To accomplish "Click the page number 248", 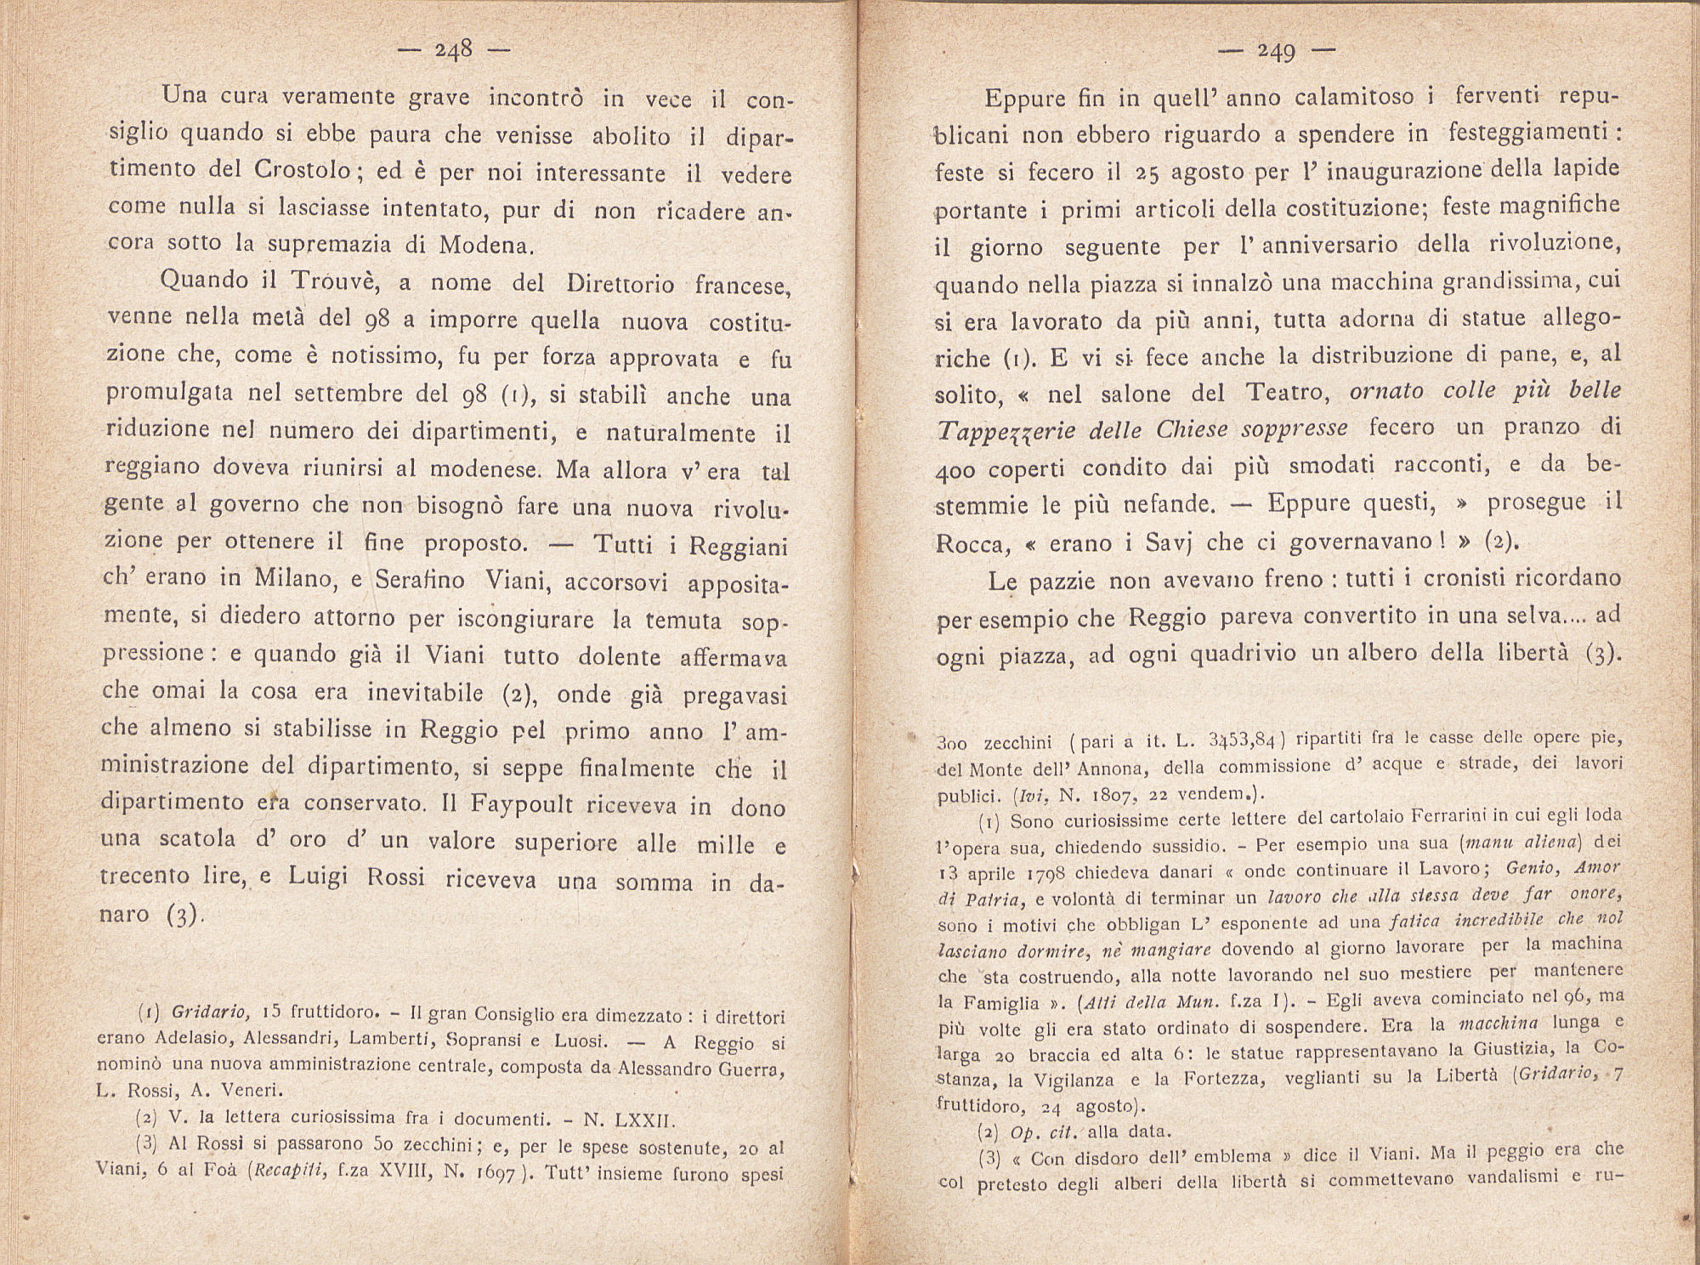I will click(453, 50).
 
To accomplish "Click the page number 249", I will click(1276, 53).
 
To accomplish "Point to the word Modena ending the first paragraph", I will click(485, 246).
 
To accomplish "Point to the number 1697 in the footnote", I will click(495, 1176).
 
